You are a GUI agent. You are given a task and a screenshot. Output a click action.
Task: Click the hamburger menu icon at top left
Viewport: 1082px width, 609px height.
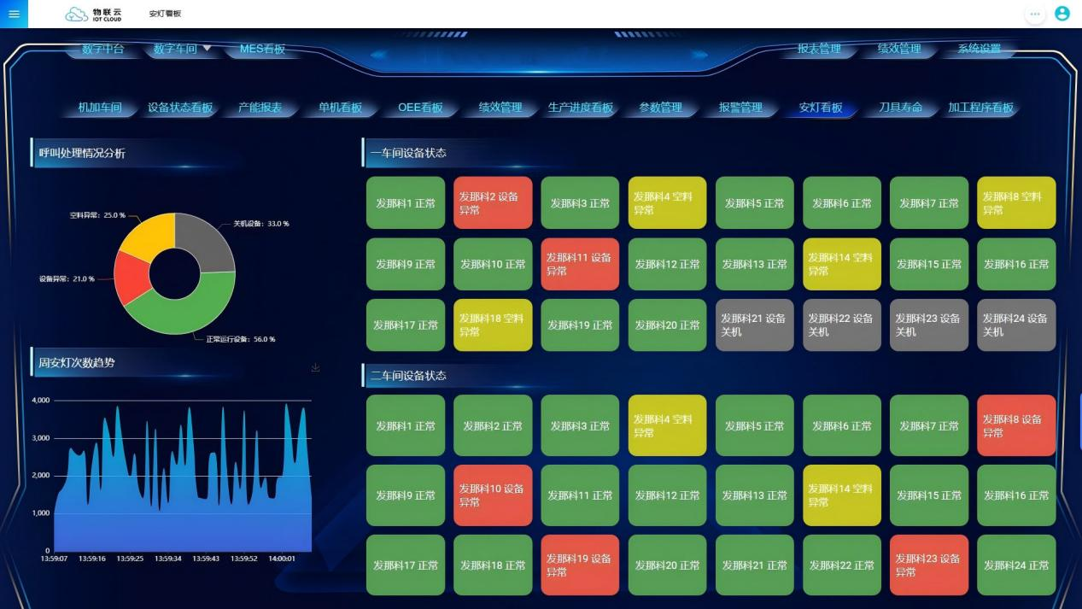(14, 14)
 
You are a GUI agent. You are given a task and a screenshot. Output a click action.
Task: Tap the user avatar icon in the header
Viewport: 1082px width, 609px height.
(1062, 14)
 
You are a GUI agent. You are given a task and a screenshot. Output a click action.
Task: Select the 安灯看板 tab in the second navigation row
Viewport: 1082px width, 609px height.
(821, 108)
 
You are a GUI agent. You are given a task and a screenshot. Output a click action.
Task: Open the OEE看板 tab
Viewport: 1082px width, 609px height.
(420, 108)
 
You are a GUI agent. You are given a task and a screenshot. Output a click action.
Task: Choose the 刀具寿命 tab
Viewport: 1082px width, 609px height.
(901, 108)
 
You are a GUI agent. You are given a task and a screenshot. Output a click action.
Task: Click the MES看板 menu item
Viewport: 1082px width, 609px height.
(262, 49)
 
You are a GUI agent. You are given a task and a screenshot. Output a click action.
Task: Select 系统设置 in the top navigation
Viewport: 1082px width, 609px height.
(979, 49)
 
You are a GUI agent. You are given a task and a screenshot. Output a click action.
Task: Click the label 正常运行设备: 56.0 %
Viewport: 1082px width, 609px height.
(240, 339)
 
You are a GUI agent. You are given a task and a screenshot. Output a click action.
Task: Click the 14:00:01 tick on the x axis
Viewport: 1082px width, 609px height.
(282, 559)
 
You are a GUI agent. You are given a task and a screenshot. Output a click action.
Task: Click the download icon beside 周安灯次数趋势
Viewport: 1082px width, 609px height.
(316, 367)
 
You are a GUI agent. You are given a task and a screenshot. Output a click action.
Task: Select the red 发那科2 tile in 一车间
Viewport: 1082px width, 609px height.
(493, 203)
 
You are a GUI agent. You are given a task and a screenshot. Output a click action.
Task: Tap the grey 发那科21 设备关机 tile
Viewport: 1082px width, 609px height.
(755, 325)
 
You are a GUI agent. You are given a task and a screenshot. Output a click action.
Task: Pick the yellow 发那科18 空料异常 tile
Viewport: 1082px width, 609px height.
(493, 325)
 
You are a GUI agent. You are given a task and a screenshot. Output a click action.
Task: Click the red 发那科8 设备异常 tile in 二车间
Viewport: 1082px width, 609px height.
(1016, 425)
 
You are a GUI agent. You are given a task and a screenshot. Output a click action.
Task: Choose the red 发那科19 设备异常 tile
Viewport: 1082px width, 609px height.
(580, 565)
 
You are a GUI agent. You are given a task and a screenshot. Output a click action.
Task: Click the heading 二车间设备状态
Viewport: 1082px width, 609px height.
(408, 376)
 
